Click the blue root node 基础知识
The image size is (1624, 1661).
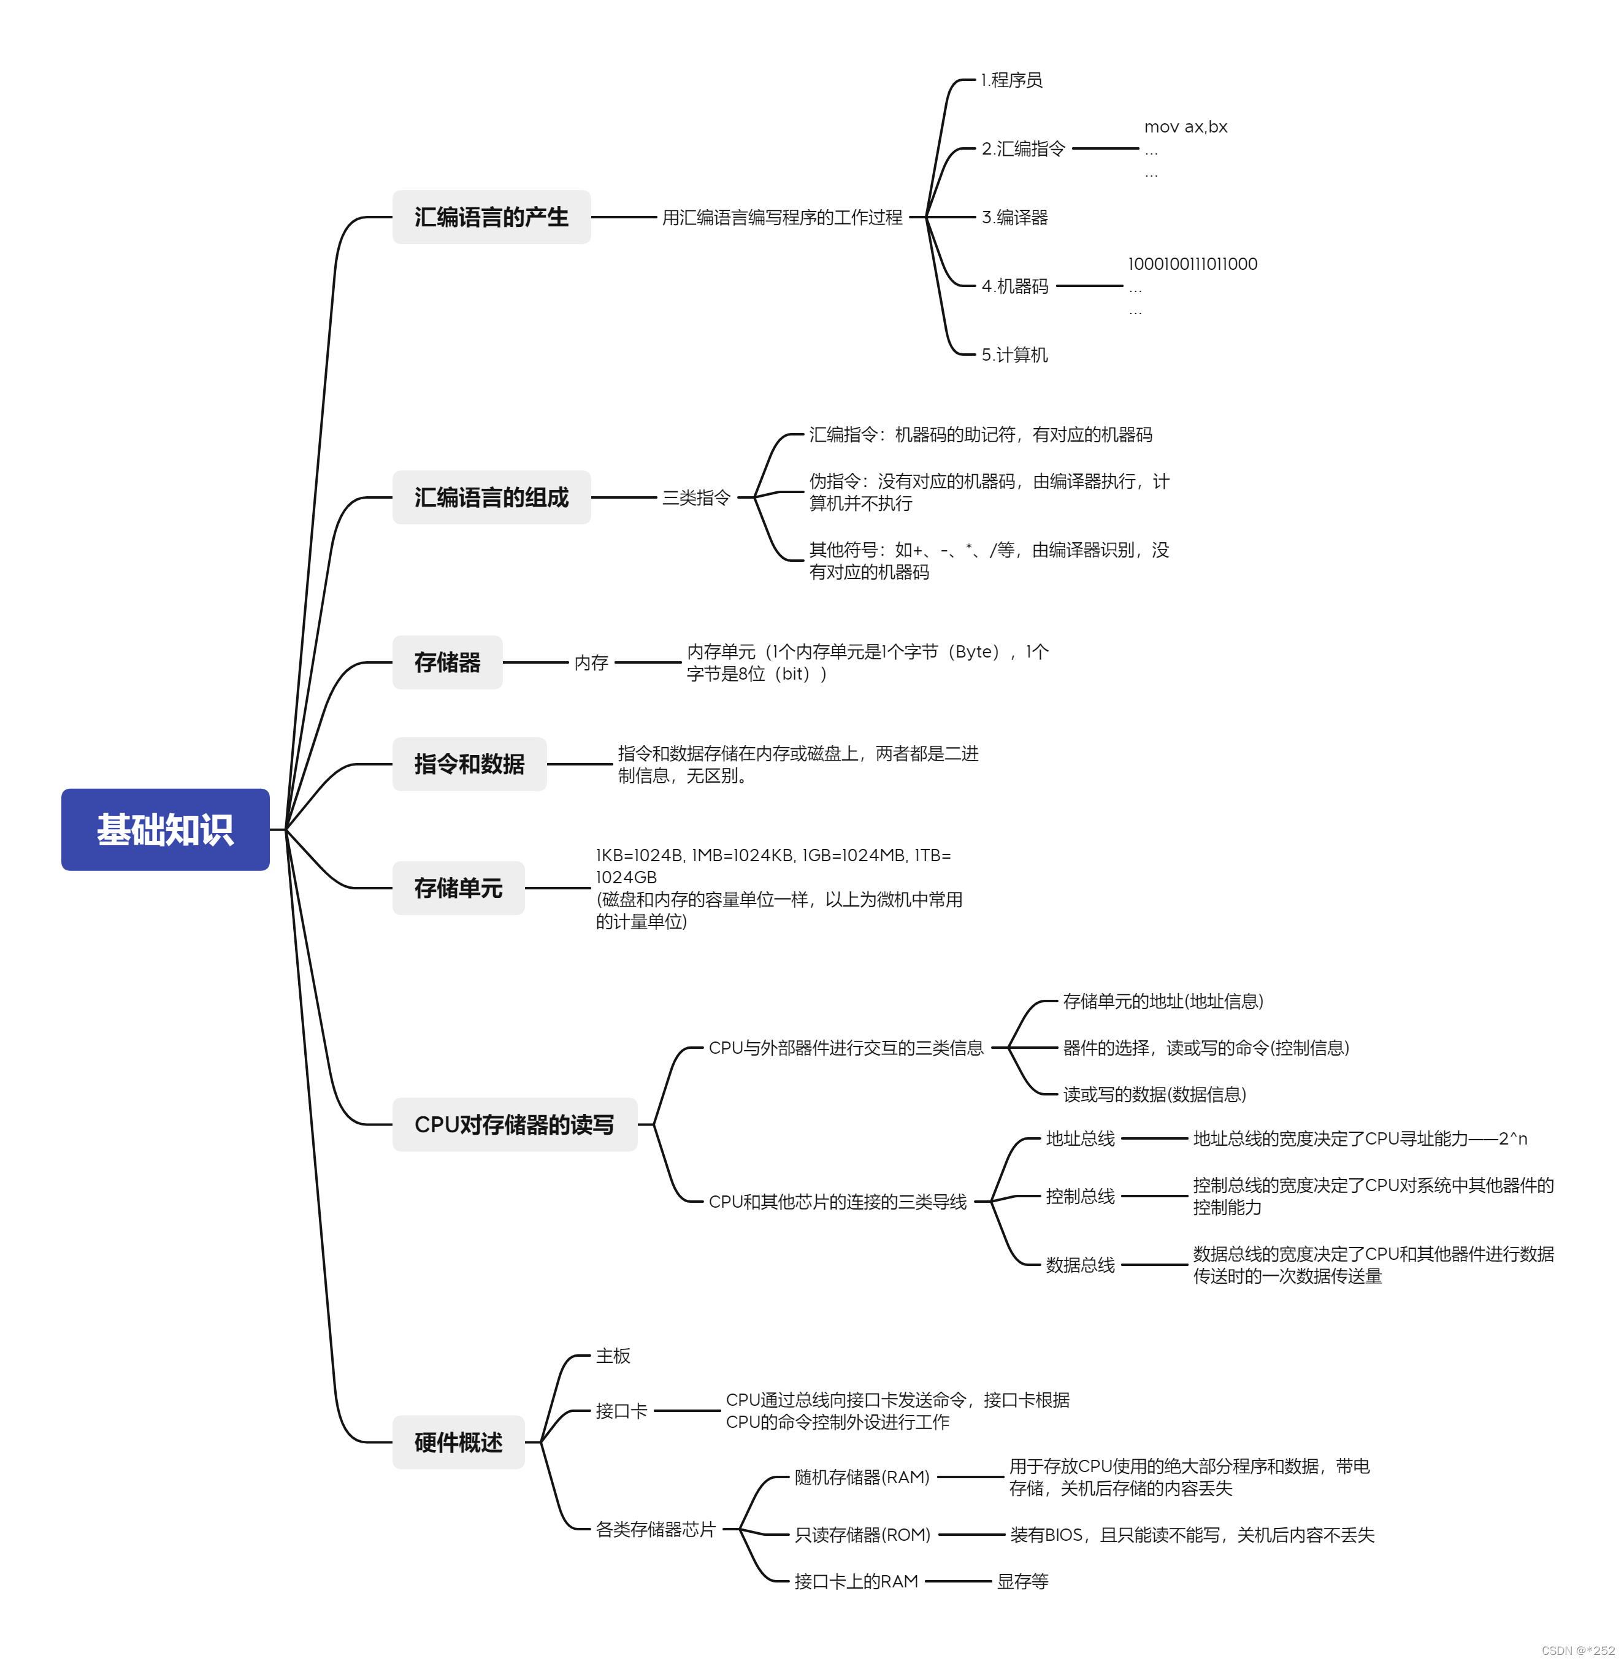pyautogui.click(x=166, y=829)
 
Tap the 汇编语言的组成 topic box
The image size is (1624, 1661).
pyautogui.click(x=491, y=497)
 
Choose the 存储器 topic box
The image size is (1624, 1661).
pyautogui.click(x=447, y=662)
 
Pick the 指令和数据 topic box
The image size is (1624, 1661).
pyautogui.click(x=469, y=764)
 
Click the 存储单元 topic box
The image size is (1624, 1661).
pyautogui.click(x=458, y=888)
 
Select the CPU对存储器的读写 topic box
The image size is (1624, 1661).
pyautogui.click(x=515, y=1124)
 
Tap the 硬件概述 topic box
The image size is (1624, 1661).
pyautogui.click(x=458, y=1443)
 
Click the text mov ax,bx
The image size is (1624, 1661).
pyautogui.click(x=1185, y=127)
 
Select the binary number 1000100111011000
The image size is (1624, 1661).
pyautogui.click(x=1192, y=264)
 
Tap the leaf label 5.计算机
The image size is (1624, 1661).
pyautogui.click(x=1014, y=355)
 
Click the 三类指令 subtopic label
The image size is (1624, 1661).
pyautogui.click(x=696, y=497)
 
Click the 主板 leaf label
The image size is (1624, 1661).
pyautogui.click(x=613, y=1356)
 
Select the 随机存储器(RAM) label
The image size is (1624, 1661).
pyautogui.click(x=862, y=1478)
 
